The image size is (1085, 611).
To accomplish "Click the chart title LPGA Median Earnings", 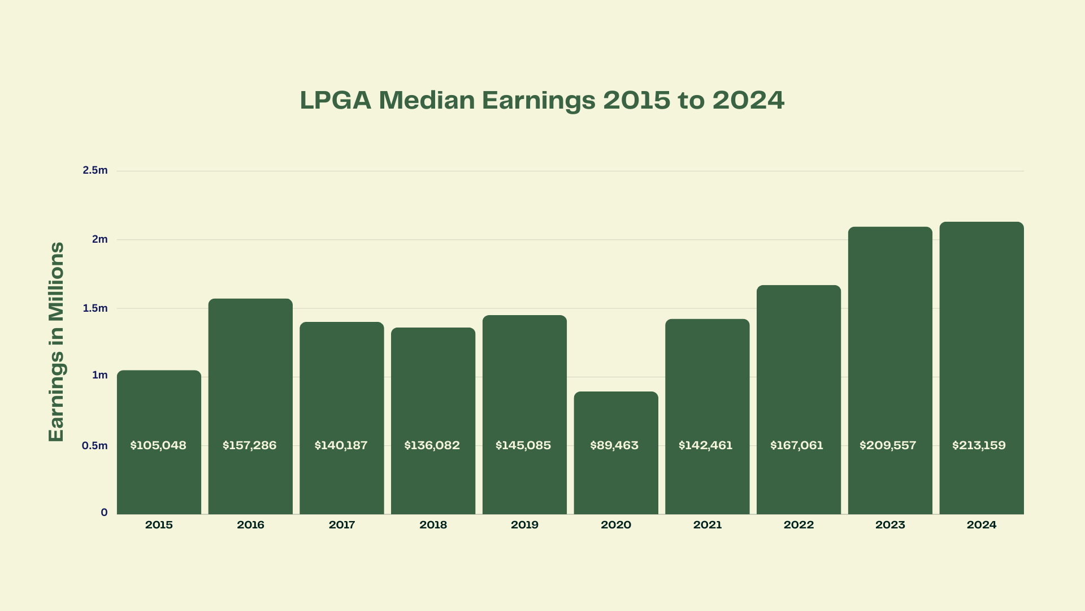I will tap(542, 100).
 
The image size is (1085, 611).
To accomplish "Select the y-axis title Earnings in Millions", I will tap(57, 342).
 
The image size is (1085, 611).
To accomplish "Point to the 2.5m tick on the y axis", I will tap(95, 170).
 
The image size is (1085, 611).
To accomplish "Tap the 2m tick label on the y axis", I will tap(99, 239).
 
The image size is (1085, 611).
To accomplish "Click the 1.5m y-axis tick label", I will tap(95, 308).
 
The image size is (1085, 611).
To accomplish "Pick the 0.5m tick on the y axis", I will tap(94, 446).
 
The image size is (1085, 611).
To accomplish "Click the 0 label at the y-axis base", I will tap(104, 513).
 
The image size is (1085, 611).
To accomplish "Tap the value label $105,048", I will tap(158, 446).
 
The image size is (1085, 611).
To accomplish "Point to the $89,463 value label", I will tap(614, 446).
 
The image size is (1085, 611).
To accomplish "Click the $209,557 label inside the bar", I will tap(888, 446).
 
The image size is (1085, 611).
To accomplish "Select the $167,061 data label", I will tap(797, 446).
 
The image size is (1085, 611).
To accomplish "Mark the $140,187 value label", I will tap(341, 446).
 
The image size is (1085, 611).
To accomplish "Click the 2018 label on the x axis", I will tap(433, 525).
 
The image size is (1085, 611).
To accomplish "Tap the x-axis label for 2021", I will tap(708, 525).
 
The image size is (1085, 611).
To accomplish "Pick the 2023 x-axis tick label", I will tap(890, 525).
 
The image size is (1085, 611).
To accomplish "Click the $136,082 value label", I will tap(432, 446).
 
